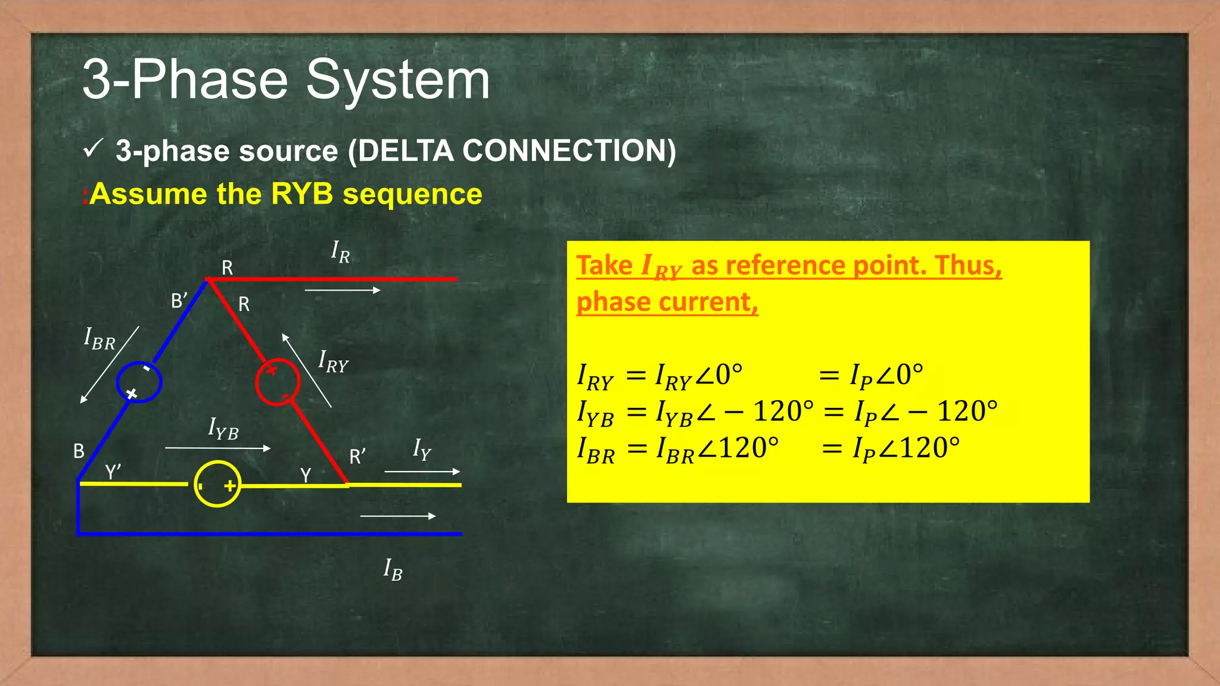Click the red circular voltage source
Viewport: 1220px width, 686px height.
click(x=278, y=382)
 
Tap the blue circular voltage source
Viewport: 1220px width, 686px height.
click(x=139, y=382)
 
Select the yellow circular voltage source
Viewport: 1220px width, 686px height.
click(x=217, y=484)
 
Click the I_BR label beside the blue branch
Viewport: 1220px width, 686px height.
click(x=99, y=339)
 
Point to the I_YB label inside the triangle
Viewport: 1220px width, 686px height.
click(x=223, y=429)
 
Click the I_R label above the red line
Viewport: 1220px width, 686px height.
click(x=341, y=252)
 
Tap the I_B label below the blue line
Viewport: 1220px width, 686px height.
click(x=393, y=569)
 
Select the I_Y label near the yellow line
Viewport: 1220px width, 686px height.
click(x=422, y=449)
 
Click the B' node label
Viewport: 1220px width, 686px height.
click(x=179, y=301)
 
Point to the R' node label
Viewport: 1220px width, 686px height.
click(x=357, y=457)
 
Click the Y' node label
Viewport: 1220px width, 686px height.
click(x=113, y=472)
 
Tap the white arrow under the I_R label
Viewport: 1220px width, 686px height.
click(x=343, y=290)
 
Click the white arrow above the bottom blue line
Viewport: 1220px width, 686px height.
click(x=398, y=516)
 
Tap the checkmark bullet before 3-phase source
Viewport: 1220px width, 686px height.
click(x=94, y=149)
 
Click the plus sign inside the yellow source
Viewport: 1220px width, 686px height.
click(x=230, y=486)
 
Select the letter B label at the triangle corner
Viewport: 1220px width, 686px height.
click(x=79, y=451)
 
